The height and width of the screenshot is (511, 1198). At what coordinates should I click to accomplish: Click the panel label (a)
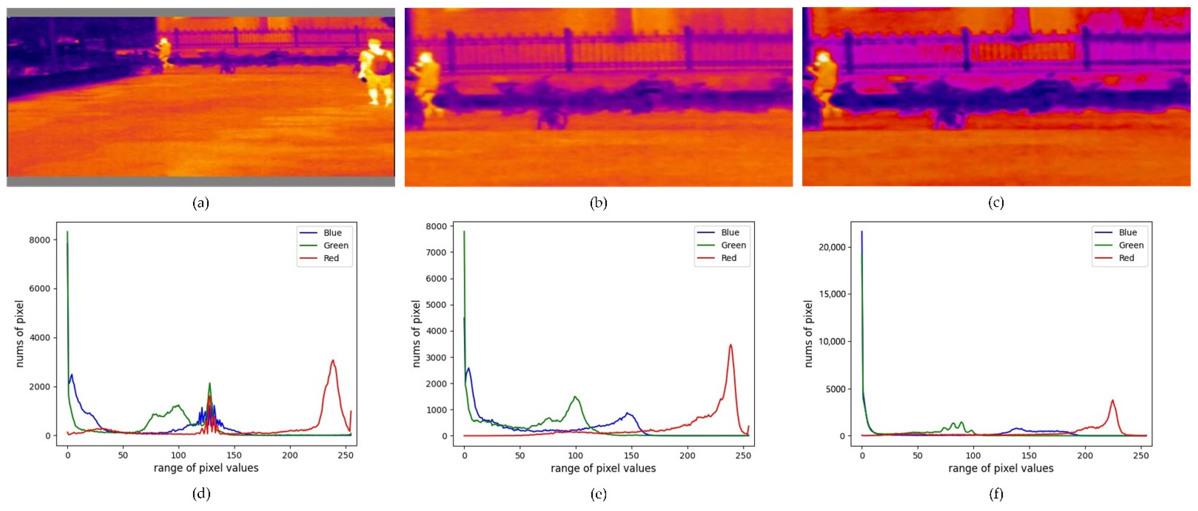[x=201, y=203]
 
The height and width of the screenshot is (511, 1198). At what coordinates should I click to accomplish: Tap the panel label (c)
[x=996, y=203]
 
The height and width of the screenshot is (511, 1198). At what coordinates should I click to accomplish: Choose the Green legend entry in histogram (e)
[x=733, y=245]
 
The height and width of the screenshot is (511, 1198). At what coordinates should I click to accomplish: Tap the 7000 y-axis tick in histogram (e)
[x=437, y=253]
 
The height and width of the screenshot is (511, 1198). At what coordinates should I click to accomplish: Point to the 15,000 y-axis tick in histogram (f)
[x=831, y=294]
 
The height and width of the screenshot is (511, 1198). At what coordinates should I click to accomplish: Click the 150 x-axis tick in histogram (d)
[x=234, y=455]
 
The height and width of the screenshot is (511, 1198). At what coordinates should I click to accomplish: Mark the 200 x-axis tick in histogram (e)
[x=687, y=456]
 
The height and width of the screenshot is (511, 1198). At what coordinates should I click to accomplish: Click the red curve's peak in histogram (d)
[x=333, y=360]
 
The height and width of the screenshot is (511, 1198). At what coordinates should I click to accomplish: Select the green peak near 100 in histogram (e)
[x=575, y=397]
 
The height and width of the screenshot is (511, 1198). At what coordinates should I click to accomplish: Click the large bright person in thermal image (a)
[x=376, y=72]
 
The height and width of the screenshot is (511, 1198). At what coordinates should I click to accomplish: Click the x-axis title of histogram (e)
[x=603, y=468]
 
